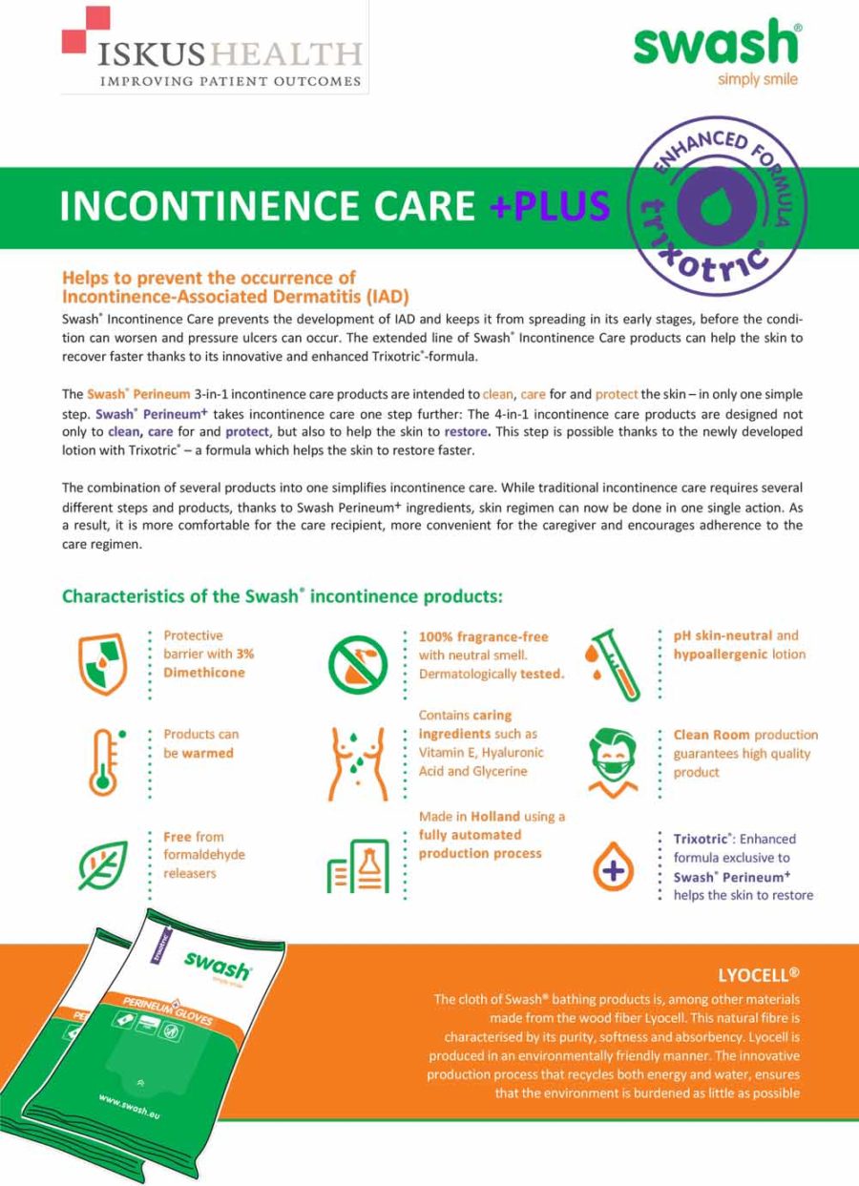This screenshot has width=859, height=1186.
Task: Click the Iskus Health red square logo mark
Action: (86, 30)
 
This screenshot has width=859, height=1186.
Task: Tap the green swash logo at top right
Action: (715, 44)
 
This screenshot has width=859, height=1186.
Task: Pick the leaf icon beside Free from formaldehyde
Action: (102, 864)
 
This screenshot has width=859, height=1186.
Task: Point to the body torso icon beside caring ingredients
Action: (357, 762)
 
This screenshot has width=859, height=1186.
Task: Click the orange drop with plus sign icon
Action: (613, 870)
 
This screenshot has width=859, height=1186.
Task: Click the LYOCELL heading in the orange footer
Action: (758, 975)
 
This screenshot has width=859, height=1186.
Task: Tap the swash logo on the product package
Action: (218, 967)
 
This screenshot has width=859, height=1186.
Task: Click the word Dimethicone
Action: (204, 673)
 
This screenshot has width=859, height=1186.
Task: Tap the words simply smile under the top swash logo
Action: (757, 80)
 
